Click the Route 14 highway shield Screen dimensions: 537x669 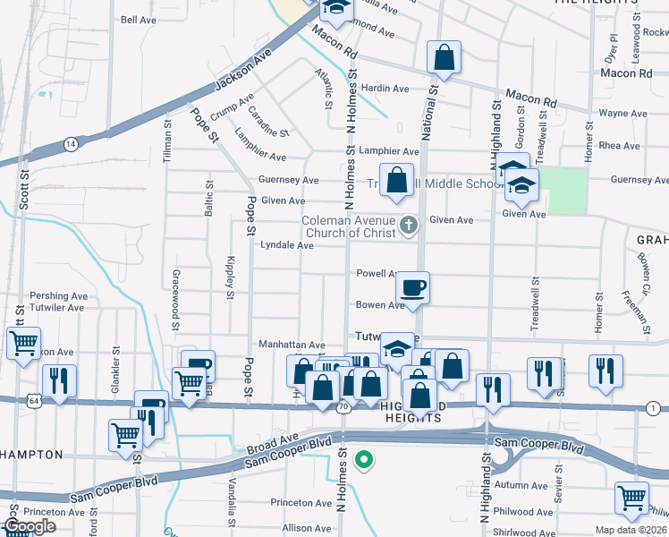tap(70, 143)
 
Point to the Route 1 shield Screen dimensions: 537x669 tap(656, 408)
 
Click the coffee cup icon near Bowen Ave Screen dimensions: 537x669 tap(412, 288)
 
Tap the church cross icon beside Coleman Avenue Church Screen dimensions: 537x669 tap(409, 226)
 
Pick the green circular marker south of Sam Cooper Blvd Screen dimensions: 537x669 tap(363, 461)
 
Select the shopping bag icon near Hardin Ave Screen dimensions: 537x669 tap(443, 58)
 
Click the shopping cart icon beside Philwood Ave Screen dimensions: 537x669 tap(631, 499)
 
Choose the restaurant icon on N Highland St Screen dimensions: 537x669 tap(492, 389)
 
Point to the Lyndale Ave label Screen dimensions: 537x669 tap(286, 245)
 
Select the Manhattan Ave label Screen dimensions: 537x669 tap(292, 345)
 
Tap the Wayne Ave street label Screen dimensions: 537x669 tap(622, 114)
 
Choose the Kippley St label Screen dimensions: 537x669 tap(230, 277)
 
